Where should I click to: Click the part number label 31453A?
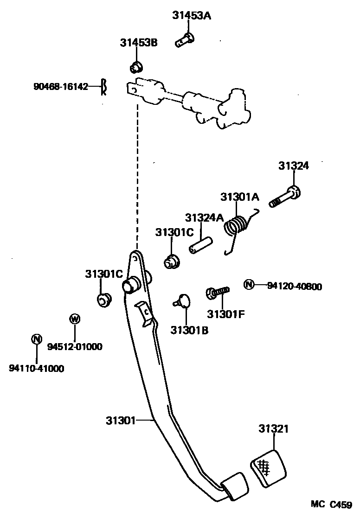click(192, 15)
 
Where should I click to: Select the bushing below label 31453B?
click(135, 67)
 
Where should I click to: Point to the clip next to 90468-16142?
click(105, 87)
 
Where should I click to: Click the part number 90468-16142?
click(61, 87)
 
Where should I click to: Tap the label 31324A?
click(204, 217)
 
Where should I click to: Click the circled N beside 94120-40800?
click(249, 284)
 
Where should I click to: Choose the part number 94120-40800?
click(294, 287)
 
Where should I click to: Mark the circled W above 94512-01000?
click(74, 319)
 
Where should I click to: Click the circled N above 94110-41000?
click(36, 339)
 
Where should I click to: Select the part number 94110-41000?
click(36, 369)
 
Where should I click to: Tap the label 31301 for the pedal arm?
click(120, 421)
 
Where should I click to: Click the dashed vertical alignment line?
click(137, 176)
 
